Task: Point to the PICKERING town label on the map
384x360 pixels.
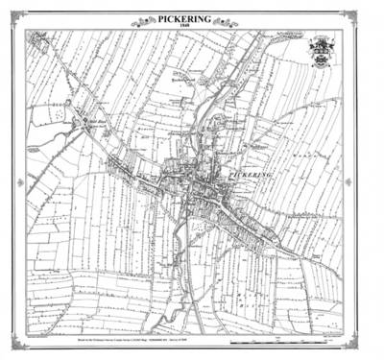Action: [252, 174]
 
